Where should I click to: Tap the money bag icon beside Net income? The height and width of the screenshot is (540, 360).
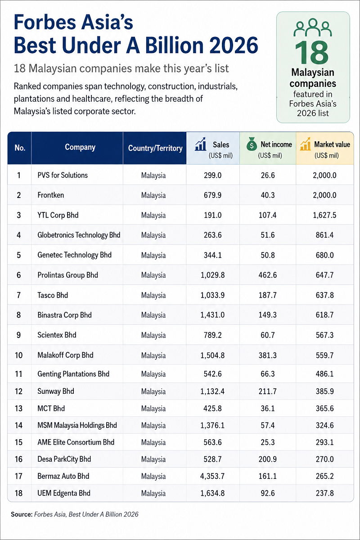coord(252,144)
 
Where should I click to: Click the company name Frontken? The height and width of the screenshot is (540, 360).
coord(51,195)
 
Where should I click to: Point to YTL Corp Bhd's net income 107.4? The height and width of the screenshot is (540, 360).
coord(268,215)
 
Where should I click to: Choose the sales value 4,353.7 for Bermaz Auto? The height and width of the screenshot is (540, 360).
coord(212,476)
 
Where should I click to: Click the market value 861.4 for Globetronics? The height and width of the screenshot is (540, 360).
coord(325,235)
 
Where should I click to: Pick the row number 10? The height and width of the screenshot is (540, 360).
coord(19,355)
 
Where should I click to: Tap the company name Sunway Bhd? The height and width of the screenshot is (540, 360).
coord(56,391)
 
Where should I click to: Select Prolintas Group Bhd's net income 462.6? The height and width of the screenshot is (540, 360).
coord(268,275)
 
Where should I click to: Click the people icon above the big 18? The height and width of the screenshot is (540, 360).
coord(313,27)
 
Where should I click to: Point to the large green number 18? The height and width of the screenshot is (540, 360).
coord(311,52)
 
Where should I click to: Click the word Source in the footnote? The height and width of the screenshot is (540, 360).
coord(22,514)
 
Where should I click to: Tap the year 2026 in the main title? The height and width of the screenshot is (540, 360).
coord(234,45)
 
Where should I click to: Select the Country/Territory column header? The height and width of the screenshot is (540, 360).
coord(155,148)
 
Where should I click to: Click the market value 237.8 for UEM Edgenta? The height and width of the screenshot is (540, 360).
coord(325,493)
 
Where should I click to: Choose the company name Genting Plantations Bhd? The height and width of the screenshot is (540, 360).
coord(73,374)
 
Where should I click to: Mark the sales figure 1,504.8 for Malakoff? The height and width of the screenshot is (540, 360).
coord(212,355)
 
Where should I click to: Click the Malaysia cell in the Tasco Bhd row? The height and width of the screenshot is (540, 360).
coord(153,295)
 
